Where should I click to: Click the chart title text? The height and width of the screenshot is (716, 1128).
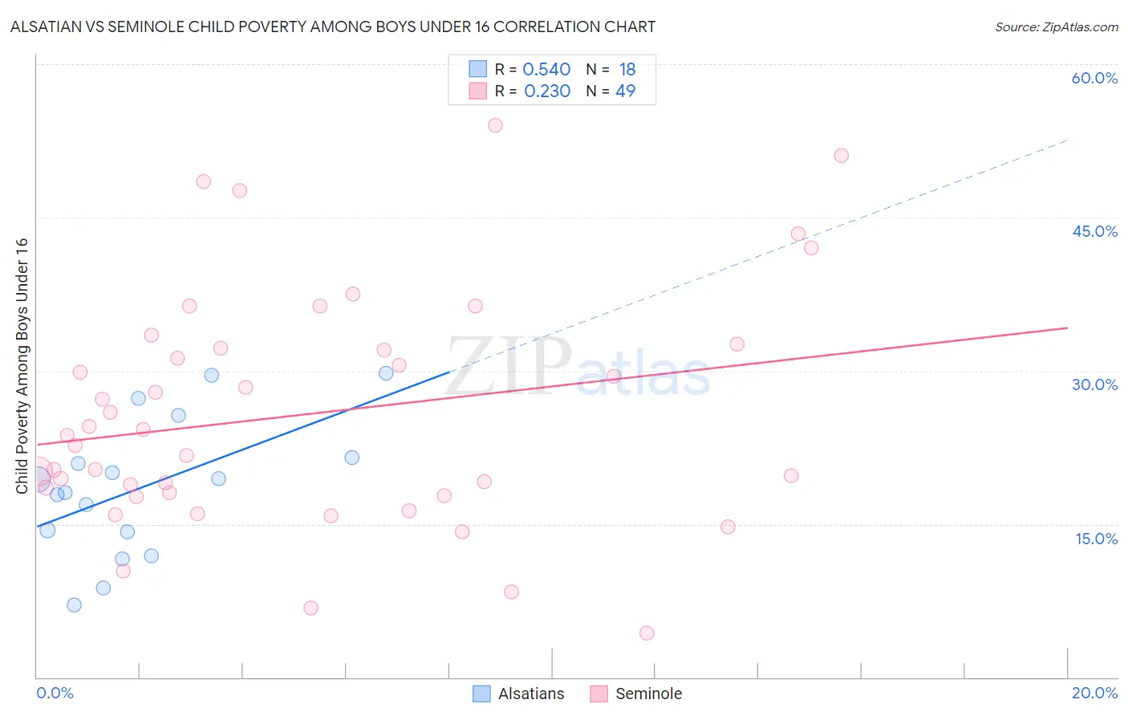332,26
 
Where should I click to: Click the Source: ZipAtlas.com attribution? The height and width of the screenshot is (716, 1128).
1056,26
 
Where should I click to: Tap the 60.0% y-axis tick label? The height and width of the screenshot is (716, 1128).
1094,78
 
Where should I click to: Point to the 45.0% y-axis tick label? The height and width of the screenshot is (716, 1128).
1094,231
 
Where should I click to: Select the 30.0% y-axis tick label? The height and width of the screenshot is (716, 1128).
1094,384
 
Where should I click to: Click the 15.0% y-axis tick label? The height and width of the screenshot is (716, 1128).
1096,539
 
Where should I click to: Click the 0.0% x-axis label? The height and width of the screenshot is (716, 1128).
55,693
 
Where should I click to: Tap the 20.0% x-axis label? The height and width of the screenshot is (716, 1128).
1094,693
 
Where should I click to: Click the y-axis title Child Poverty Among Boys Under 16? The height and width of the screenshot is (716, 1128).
22,366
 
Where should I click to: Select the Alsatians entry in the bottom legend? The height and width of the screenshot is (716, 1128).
530,694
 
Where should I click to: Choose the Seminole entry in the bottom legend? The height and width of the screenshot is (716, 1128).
648,694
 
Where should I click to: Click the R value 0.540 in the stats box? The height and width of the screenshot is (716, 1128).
546,70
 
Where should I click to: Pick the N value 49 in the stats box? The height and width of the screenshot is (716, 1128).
625,92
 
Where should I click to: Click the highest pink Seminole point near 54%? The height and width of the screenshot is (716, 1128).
495,125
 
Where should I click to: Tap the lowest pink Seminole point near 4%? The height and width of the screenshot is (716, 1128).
647,633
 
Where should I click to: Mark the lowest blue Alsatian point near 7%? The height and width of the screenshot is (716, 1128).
74,605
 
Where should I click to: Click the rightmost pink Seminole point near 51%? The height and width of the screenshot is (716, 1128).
841,156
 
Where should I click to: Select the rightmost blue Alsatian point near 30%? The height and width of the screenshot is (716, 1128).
386,373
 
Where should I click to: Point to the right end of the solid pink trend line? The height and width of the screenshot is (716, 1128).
1067,327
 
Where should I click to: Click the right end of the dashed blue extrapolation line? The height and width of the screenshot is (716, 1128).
1067,140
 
